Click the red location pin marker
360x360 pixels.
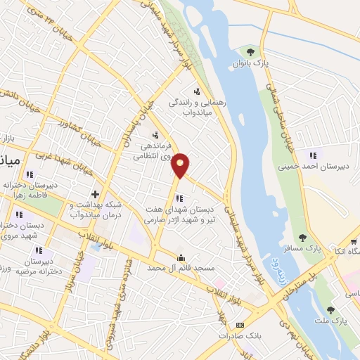(181, 165)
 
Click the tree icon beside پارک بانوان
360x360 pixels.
(250, 51)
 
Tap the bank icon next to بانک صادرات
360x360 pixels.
(240, 326)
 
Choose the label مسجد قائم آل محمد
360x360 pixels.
(181, 269)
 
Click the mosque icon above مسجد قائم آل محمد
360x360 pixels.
(181, 257)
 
